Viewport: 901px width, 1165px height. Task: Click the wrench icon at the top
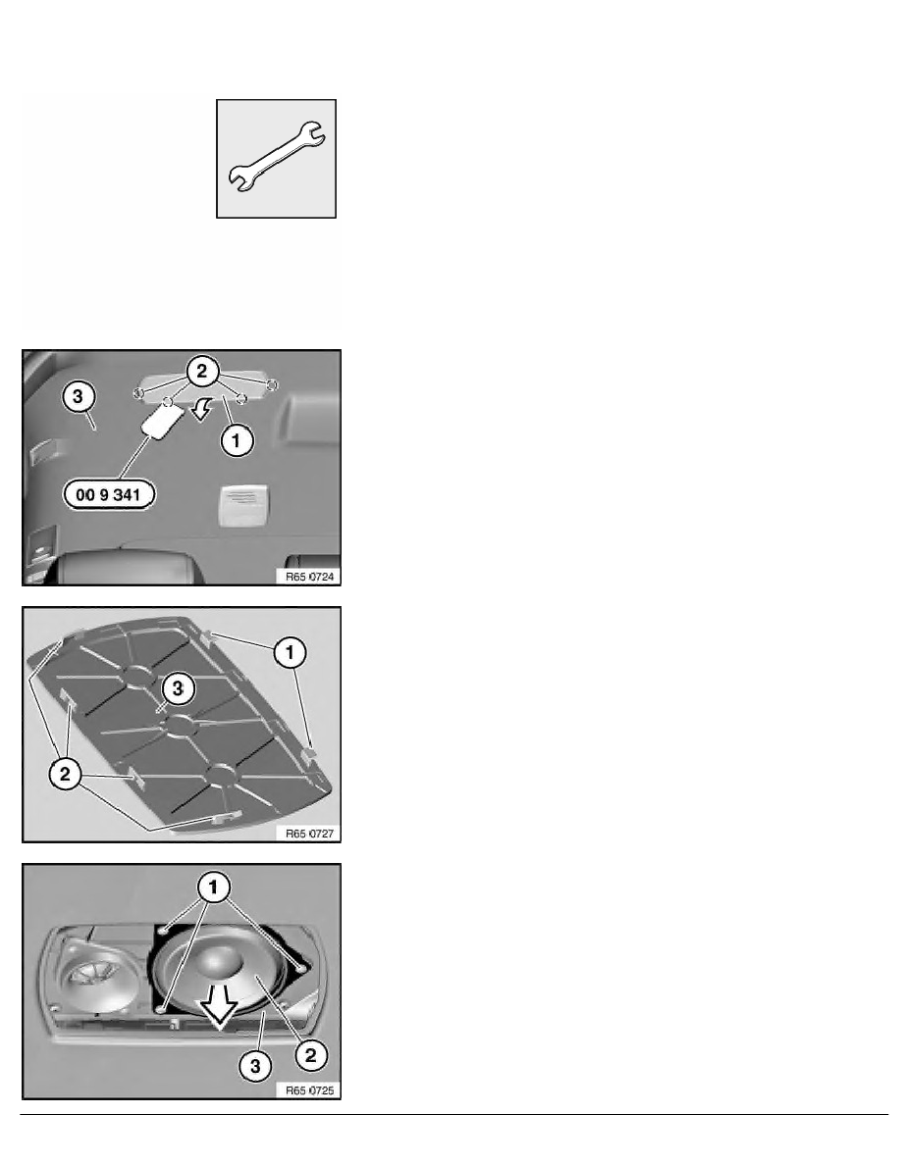(x=276, y=158)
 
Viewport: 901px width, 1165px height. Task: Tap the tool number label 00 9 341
(x=109, y=494)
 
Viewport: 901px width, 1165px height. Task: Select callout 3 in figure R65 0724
(x=79, y=396)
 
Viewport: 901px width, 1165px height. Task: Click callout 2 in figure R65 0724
(x=202, y=371)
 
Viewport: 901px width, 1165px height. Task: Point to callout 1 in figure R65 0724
(x=237, y=440)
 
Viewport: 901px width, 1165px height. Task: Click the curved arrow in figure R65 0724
(x=201, y=407)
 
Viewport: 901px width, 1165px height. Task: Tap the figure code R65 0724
(x=309, y=577)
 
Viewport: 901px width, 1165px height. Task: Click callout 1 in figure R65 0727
(x=290, y=652)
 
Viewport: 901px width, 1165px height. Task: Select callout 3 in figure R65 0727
(x=178, y=688)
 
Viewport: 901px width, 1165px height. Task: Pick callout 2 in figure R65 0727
(x=65, y=774)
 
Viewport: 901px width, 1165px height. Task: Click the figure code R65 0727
(x=309, y=834)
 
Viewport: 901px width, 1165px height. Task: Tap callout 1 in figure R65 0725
(x=213, y=887)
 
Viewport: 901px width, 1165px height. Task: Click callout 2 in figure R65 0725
(x=311, y=1055)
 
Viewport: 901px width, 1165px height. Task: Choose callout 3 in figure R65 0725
(x=255, y=1067)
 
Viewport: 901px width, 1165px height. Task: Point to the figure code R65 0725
(x=309, y=1090)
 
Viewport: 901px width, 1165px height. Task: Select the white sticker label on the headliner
(x=243, y=505)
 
